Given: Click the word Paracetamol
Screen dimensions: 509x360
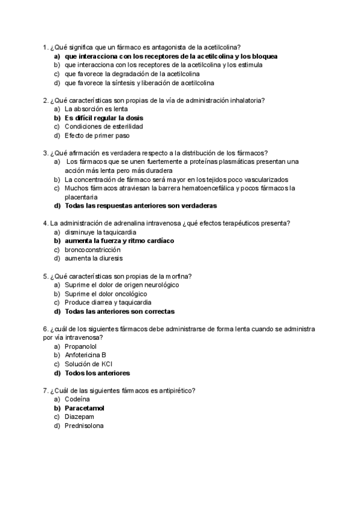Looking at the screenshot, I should tap(84, 408).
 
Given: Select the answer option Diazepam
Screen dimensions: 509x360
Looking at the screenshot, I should tap(80, 417).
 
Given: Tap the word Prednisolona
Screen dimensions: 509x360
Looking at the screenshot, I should tap(84, 426).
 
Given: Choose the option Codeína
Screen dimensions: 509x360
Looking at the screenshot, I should tap(77, 399).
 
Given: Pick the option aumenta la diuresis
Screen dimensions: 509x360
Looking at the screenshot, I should tap(93, 258).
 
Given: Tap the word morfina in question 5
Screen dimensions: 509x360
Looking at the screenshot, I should tap(178, 276).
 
